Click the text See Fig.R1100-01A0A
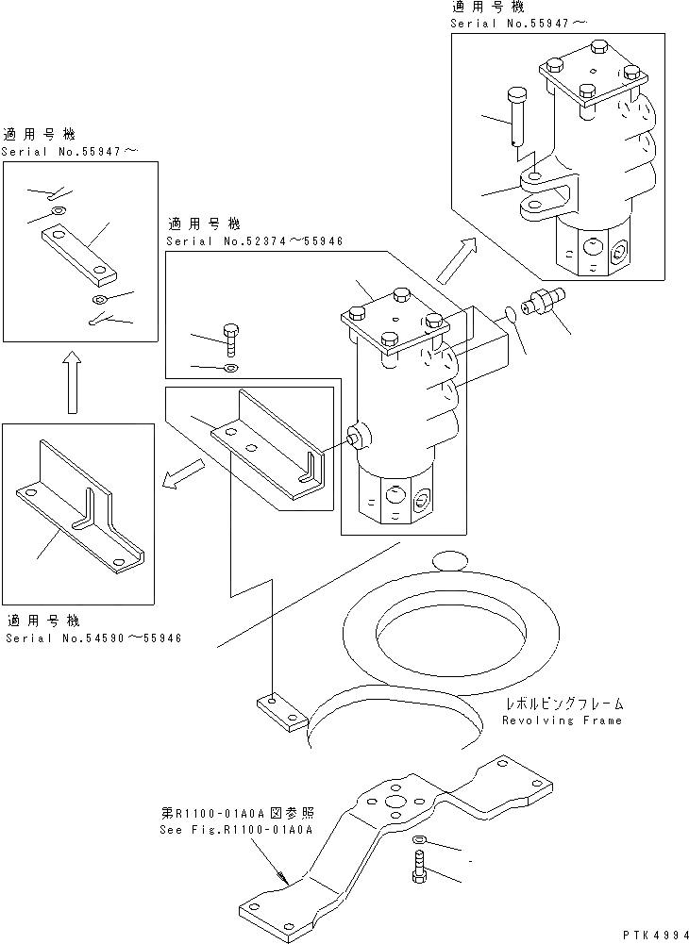pos(235,829)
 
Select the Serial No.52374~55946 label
pos(254,241)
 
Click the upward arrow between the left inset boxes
pos(71,383)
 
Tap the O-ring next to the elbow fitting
pos(509,312)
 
